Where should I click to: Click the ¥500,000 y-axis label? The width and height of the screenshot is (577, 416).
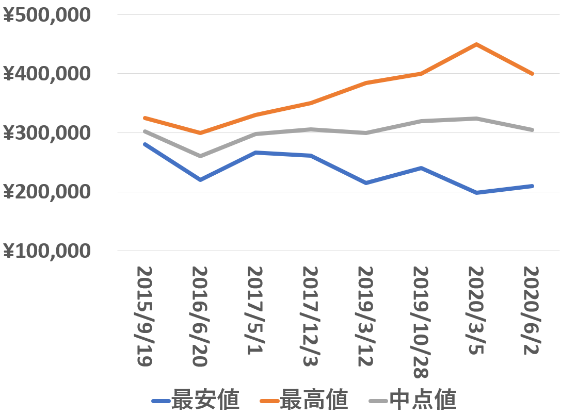[47, 15]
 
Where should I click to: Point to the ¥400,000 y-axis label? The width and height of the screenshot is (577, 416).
[47, 74]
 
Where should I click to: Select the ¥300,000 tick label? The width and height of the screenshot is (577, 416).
[47, 133]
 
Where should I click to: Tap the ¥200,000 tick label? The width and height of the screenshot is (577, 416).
[47, 192]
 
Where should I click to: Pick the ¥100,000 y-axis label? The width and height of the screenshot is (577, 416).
[47, 251]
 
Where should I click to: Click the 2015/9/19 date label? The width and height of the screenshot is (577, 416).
[145, 317]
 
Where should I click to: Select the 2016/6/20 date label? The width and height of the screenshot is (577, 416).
[200, 317]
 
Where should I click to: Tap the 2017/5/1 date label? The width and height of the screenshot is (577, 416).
[255, 310]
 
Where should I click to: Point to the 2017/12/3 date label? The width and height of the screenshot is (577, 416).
[310, 317]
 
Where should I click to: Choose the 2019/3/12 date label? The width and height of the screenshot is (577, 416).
[366, 317]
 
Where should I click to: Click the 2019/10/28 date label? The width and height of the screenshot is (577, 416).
[421, 322]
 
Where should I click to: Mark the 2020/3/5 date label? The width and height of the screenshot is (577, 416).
[476, 310]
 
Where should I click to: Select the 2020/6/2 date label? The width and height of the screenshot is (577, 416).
[532, 310]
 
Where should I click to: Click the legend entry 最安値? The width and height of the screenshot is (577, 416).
[196, 400]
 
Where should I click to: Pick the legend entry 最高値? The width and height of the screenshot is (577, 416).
[304, 400]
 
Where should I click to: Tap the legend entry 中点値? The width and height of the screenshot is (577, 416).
[412, 400]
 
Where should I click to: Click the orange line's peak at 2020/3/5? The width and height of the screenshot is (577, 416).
[476, 44]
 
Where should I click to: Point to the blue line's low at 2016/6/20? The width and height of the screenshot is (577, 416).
[200, 180]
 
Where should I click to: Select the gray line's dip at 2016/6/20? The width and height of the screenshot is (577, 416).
[200, 156]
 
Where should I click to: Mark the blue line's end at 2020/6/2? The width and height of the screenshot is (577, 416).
[532, 186]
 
